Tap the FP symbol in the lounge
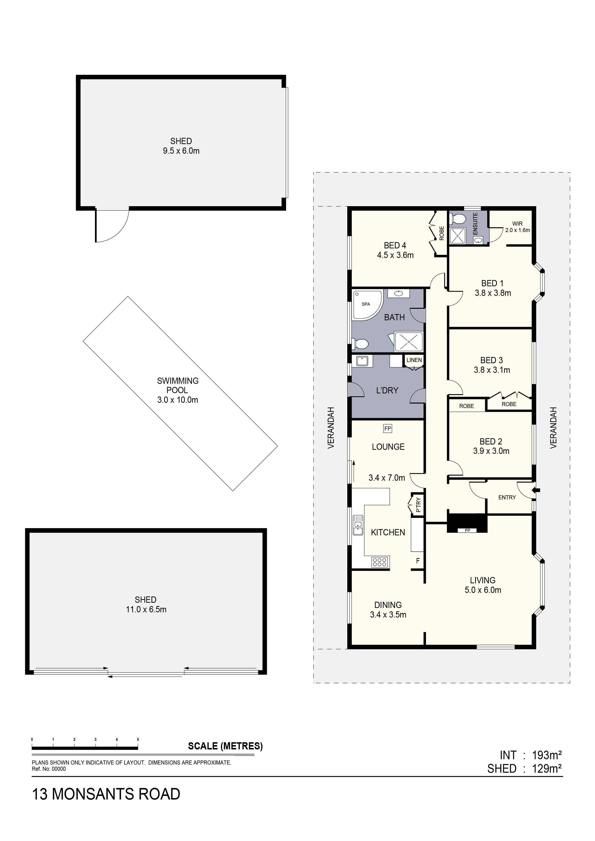387,428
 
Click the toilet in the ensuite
458,219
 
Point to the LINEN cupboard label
414,360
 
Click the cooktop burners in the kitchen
380,562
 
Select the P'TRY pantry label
418,505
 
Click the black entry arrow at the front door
537,490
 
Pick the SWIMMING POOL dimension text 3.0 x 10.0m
178,400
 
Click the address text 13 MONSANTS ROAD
106,794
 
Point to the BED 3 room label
491,360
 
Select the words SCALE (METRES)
225,746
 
